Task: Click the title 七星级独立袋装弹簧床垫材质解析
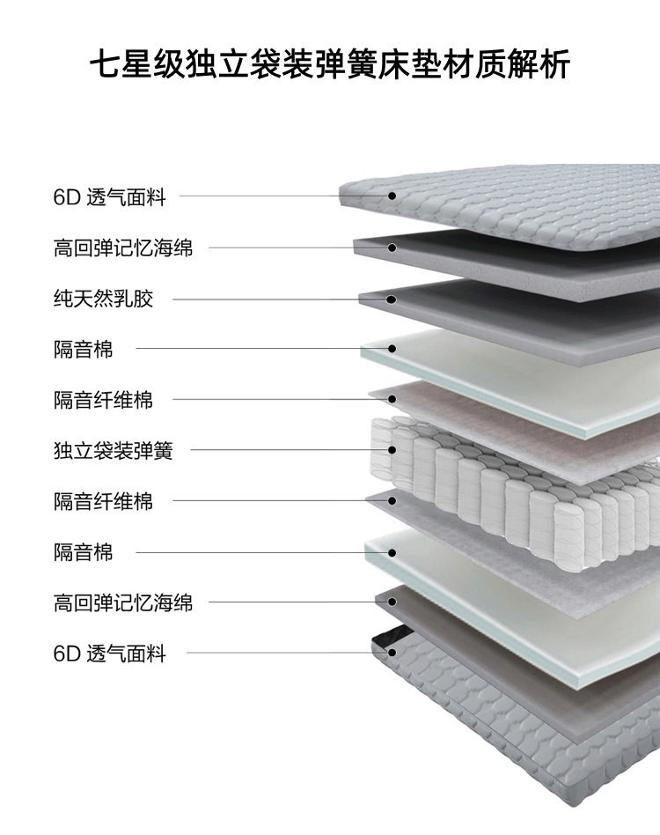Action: (330, 66)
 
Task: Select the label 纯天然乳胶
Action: (103, 299)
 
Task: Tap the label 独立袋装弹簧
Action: (113, 451)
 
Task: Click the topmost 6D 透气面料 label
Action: (109, 197)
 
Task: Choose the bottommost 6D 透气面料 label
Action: (109, 654)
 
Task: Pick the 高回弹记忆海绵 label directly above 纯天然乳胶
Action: (122, 248)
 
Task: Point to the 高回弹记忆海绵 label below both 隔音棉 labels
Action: (122, 603)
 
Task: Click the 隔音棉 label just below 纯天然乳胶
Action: (83, 350)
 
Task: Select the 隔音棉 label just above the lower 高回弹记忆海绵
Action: (83, 553)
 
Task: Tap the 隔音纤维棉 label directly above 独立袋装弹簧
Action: (103, 400)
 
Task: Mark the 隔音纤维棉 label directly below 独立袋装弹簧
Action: (103, 502)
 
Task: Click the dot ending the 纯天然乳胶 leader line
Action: (392, 299)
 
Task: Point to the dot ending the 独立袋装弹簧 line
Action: (392, 451)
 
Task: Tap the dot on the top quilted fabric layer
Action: (392, 196)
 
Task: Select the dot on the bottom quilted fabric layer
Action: (392, 654)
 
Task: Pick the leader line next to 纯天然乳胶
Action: (264, 299)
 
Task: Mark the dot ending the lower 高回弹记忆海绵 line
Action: (392, 602)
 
